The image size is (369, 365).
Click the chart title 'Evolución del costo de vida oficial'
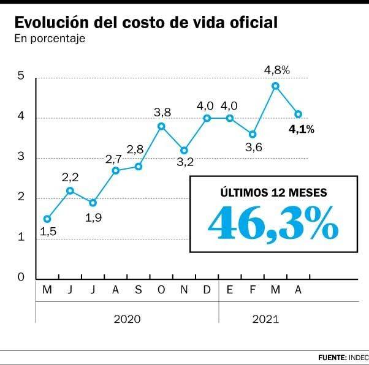[146, 23]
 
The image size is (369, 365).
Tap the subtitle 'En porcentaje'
[49, 39]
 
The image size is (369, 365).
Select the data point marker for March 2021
[275, 86]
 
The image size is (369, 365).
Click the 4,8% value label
[276, 70]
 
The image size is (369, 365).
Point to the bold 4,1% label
[302, 129]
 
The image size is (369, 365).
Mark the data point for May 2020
[47, 219]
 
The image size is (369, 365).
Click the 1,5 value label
[48, 231]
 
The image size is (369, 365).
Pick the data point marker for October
[161, 126]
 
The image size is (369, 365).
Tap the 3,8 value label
[162, 111]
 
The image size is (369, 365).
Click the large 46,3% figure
[273, 222]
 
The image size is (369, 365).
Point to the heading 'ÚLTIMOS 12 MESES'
[273, 192]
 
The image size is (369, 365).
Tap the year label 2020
[127, 319]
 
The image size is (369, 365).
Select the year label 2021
[265, 319]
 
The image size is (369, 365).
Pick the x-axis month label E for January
[230, 290]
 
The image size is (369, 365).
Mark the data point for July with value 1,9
[93, 203]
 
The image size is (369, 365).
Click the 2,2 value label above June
[70, 178]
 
